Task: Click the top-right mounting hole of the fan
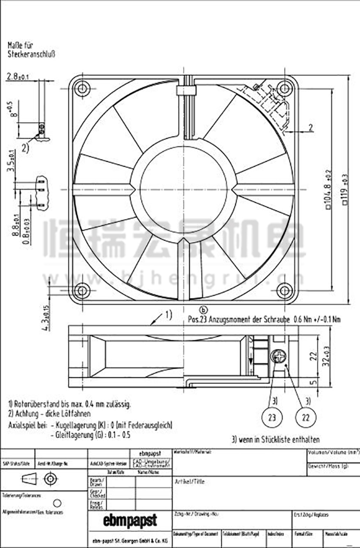(x=285, y=88)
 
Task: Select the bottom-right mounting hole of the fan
(x=285, y=290)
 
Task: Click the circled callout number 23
(x=272, y=417)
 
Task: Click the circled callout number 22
(x=305, y=417)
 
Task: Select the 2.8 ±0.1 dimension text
(x=18, y=76)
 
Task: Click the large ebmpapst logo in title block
(x=130, y=520)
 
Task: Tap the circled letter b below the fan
(x=204, y=310)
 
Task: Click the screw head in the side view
(x=278, y=357)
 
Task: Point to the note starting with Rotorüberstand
(x=70, y=404)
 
